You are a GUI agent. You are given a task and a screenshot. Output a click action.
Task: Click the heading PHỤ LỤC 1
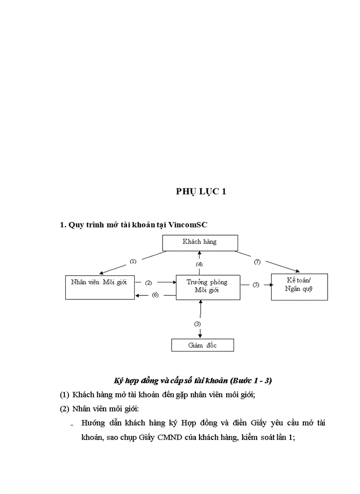(201, 191)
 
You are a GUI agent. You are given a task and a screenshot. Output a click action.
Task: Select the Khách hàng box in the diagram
(200, 242)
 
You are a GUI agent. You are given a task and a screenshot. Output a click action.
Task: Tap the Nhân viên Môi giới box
(100, 287)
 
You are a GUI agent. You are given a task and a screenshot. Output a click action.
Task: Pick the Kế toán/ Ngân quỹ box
(299, 287)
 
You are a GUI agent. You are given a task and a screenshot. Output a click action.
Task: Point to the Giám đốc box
(202, 345)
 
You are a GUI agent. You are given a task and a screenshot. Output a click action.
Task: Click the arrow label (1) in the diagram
(133, 261)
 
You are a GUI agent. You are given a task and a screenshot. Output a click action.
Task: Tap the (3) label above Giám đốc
(197, 324)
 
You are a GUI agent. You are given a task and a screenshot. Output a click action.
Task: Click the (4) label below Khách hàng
(200, 264)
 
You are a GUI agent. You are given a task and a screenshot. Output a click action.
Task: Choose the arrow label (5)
(256, 285)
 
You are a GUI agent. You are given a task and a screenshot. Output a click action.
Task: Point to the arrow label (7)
(257, 261)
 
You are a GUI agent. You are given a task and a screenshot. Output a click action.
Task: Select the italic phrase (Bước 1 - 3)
(251, 381)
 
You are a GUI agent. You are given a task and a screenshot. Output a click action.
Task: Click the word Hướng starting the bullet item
(93, 423)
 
